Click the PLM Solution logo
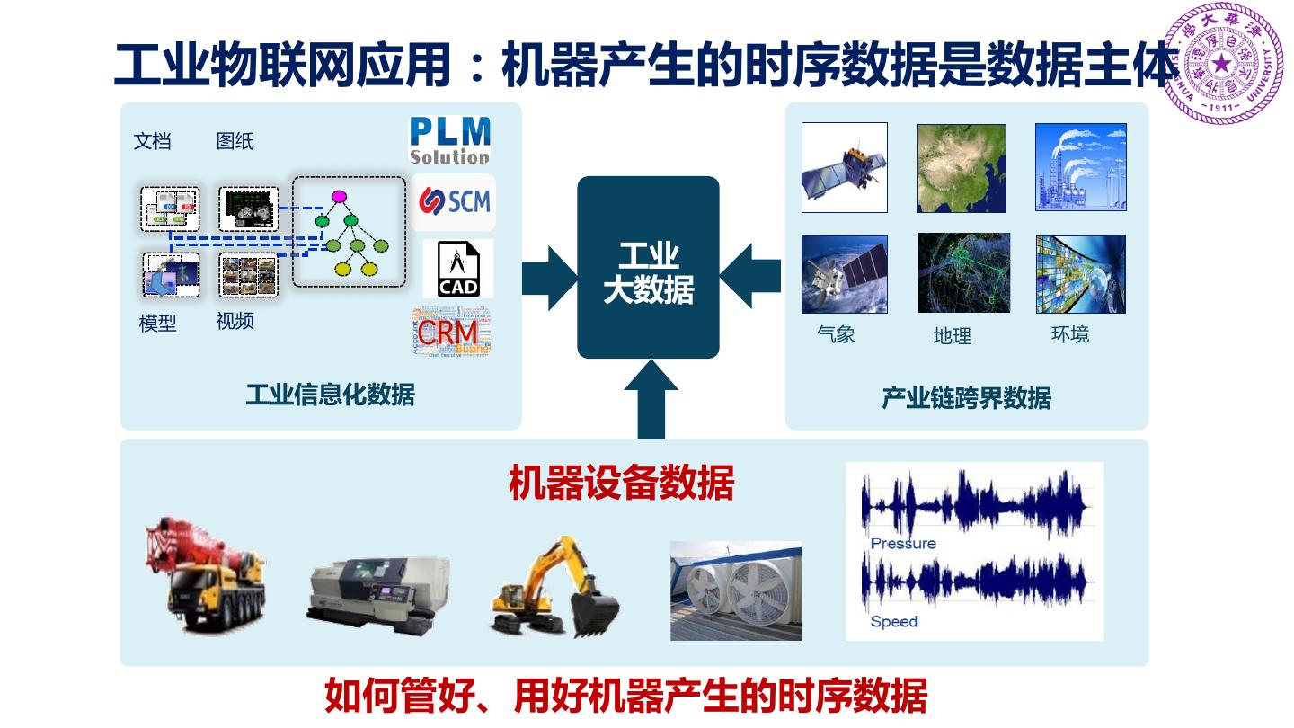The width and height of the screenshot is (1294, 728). pos(449,141)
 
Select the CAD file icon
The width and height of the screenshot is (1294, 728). pos(458,269)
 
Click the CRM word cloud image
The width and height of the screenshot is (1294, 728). pos(452,332)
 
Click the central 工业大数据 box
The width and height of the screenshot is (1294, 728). pos(648,268)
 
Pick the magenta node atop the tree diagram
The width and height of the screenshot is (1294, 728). pos(339,196)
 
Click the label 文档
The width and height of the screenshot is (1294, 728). pos(152,141)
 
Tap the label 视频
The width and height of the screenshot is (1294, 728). pos(235,321)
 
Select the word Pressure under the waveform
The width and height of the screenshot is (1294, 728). pos(903,544)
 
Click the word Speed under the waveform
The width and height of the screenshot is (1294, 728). pos(893,621)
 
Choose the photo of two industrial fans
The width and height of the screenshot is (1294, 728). pos(735,590)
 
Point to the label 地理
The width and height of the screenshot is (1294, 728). pos(953,336)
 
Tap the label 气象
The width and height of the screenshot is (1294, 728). pos(836,334)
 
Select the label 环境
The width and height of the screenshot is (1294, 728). pos(1069,334)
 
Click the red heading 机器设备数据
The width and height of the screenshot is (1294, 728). pos(621,483)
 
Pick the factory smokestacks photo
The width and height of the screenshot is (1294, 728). pos(1080,167)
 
